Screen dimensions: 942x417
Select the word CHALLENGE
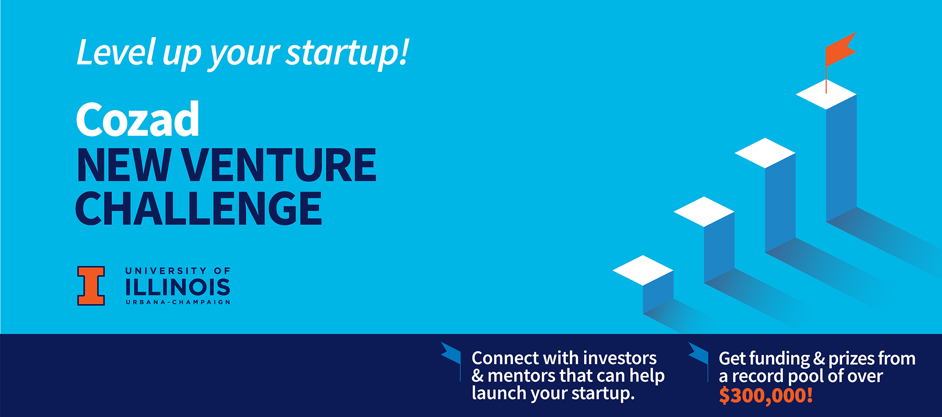199,208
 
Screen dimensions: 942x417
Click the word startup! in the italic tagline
348,53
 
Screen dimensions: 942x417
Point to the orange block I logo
91,286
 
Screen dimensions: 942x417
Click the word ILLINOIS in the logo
178,287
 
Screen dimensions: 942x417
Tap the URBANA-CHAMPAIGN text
178,302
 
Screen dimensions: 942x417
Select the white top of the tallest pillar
826,94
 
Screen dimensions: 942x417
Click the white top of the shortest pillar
643,270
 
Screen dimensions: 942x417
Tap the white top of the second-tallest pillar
765,153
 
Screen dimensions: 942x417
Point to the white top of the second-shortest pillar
704,212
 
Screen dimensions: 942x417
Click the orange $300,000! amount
766,395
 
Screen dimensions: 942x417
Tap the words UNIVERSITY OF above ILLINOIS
178,271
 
